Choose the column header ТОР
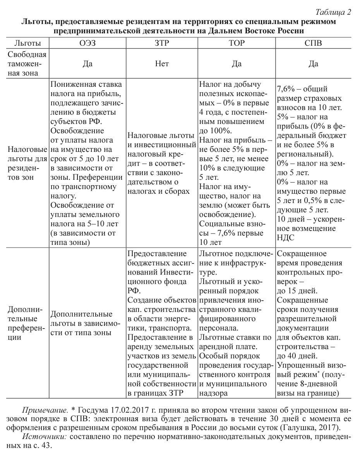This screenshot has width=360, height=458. coord(237,43)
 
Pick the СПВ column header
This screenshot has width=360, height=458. coord(313,43)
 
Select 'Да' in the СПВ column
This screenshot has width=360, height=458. coord(313,64)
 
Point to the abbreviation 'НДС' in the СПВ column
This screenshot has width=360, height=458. coord(286,238)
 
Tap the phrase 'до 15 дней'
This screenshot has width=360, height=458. coord(296,291)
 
